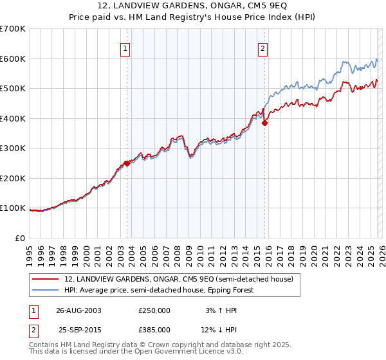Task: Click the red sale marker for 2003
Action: pyautogui.click(x=127, y=163)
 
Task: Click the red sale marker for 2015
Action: pyautogui.click(x=264, y=123)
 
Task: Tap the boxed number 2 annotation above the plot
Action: pyautogui.click(x=264, y=47)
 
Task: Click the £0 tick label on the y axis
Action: pyautogui.click(x=19, y=239)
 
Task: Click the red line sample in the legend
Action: pyautogui.click(x=46, y=279)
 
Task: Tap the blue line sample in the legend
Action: pyautogui.click(x=46, y=290)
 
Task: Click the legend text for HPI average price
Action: pyautogui.click(x=159, y=290)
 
